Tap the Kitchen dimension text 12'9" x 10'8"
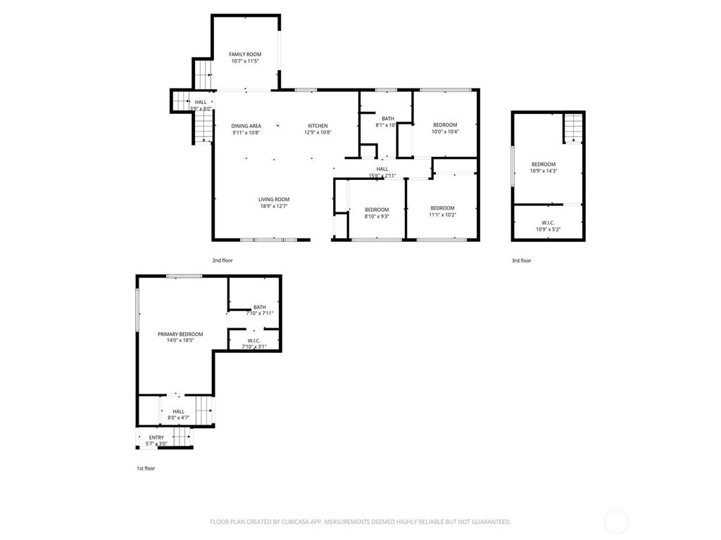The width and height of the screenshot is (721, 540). click(318, 132)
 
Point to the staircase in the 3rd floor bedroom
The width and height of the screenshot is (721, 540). click(573, 128)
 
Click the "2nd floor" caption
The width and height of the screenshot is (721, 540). click(222, 261)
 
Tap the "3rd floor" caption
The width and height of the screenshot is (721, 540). click(522, 261)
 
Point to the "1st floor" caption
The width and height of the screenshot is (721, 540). click(146, 468)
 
